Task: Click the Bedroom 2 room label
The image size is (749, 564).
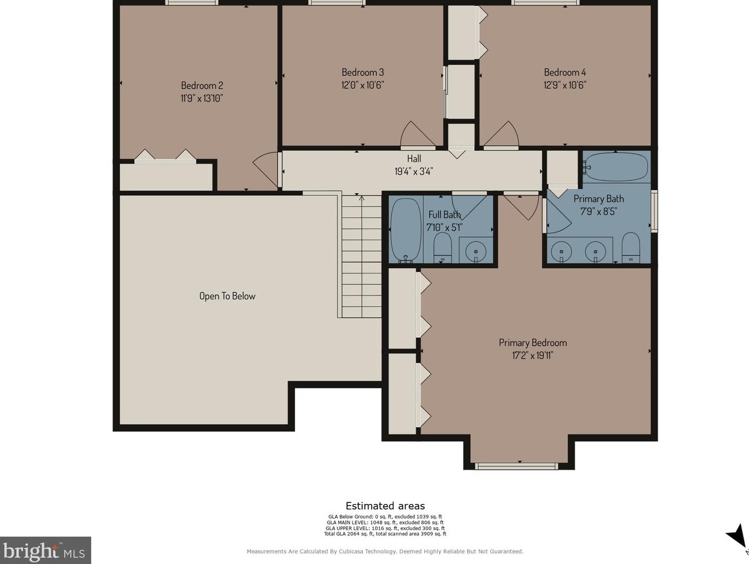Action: (202, 85)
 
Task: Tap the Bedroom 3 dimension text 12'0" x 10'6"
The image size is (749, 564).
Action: (363, 85)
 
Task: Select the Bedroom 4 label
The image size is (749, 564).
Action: (565, 72)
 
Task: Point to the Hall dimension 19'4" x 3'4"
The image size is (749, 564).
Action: (414, 171)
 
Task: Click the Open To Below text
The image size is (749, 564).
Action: (228, 296)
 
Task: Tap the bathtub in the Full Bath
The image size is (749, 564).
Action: (406, 231)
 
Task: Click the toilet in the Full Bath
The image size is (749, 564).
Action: (443, 248)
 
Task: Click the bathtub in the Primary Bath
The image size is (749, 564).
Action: (616, 167)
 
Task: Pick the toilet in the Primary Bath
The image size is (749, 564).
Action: (631, 248)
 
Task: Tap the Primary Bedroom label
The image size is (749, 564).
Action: (533, 343)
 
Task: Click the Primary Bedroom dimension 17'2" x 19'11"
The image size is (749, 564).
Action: (533, 355)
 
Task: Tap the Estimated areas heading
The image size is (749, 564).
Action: (385, 506)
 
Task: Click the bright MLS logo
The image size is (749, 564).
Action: (45, 550)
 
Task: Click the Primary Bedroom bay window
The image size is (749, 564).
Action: (517, 466)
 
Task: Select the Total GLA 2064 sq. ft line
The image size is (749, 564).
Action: (385, 534)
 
